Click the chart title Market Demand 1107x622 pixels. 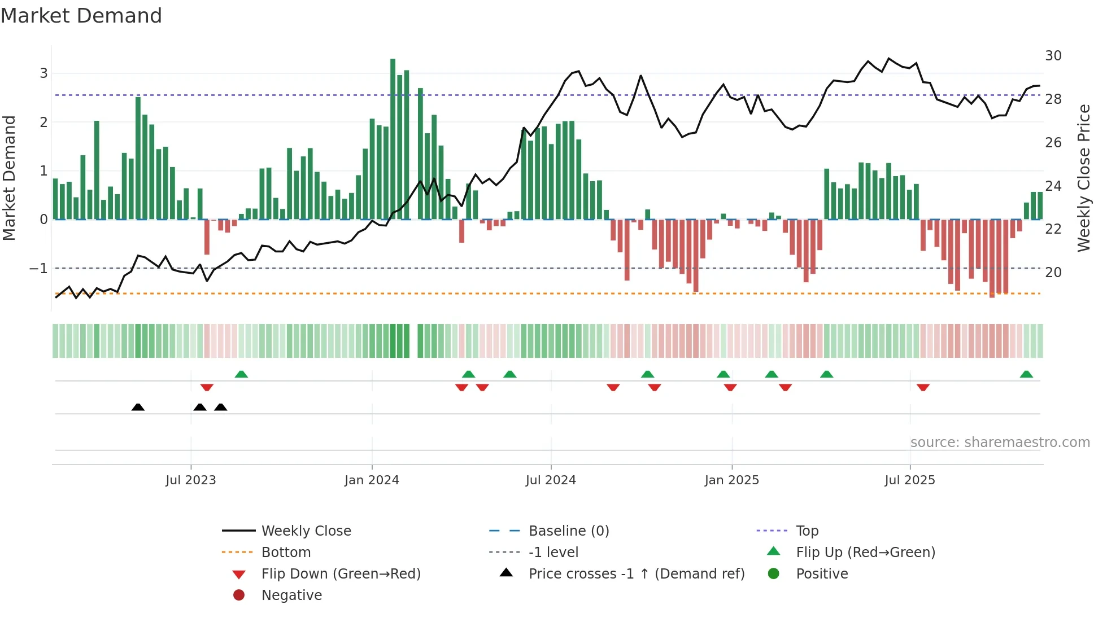tap(81, 16)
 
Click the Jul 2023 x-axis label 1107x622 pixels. tap(191, 480)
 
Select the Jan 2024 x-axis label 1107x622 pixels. tap(372, 480)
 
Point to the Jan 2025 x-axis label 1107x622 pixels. tap(732, 480)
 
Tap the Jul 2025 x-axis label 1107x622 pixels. tap(910, 480)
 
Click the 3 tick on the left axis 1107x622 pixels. tap(43, 73)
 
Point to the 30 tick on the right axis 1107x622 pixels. tap(1053, 56)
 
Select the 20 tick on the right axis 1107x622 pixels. tap(1053, 273)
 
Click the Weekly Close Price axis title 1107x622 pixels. tap(1083, 178)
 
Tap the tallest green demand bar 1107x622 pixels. tap(393, 139)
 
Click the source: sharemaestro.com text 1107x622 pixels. tap(1000, 443)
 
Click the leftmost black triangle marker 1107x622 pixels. tap(138, 407)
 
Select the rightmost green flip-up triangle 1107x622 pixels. tap(1026, 374)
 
